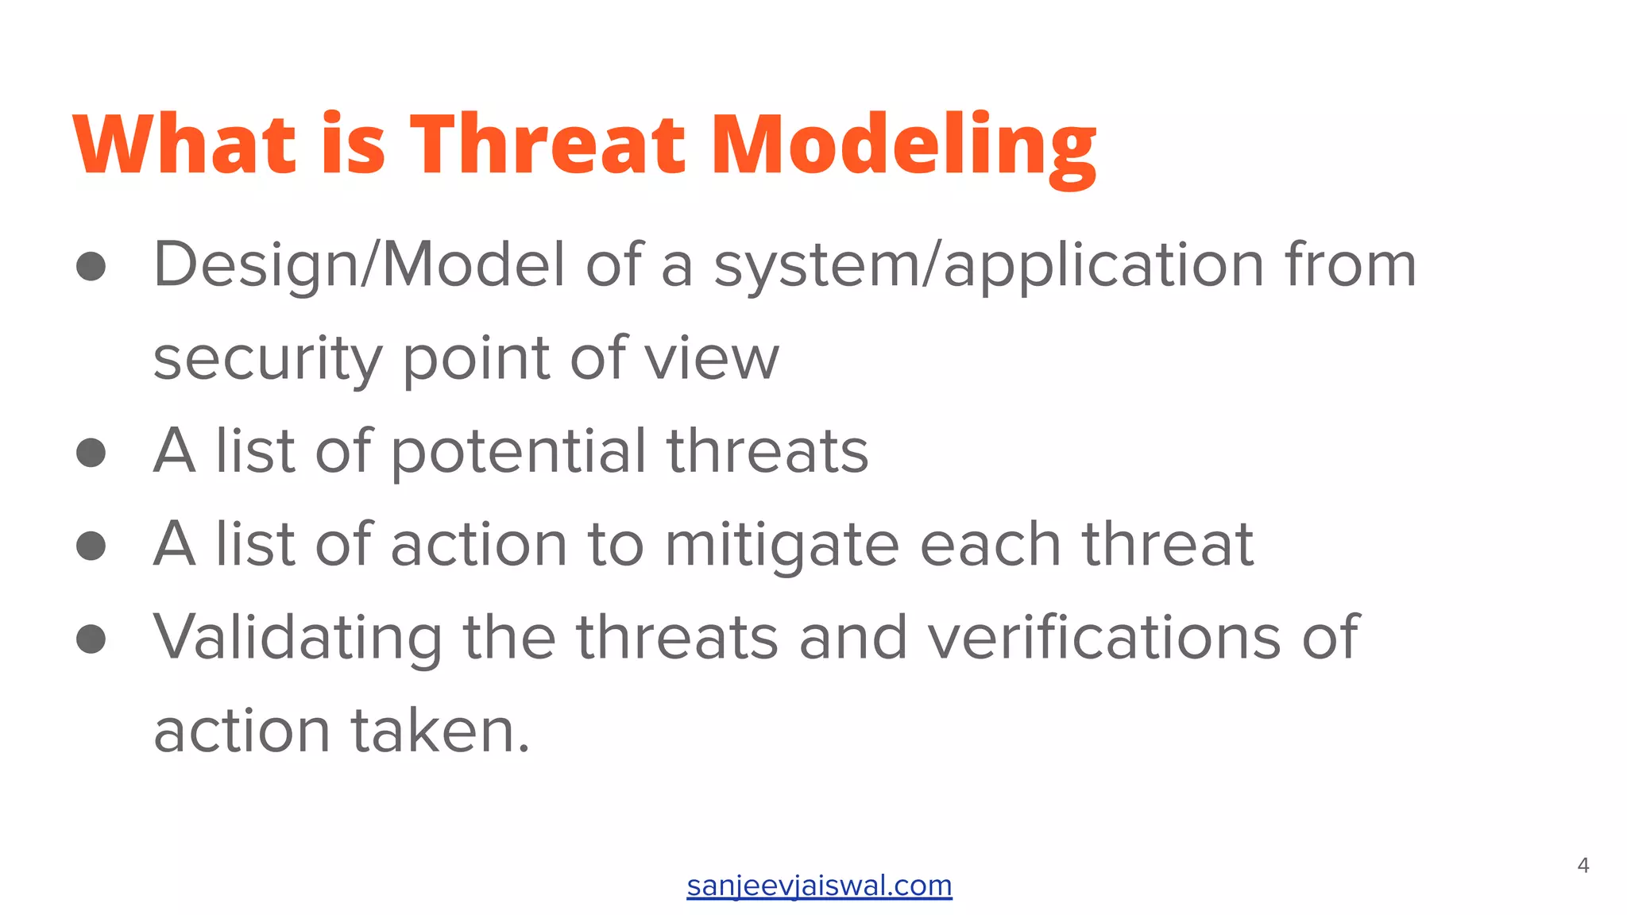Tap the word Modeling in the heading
click(x=903, y=147)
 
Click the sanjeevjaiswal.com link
click(x=819, y=886)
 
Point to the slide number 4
click(x=1583, y=866)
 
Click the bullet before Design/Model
click(x=91, y=266)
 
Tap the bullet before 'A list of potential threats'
click(x=91, y=453)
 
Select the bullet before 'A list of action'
click(x=91, y=546)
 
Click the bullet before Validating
click(x=91, y=639)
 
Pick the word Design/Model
click(x=359, y=266)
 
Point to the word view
click(x=712, y=358)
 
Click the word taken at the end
click(x=439, y=732)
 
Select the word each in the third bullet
click(x=990, y=546)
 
